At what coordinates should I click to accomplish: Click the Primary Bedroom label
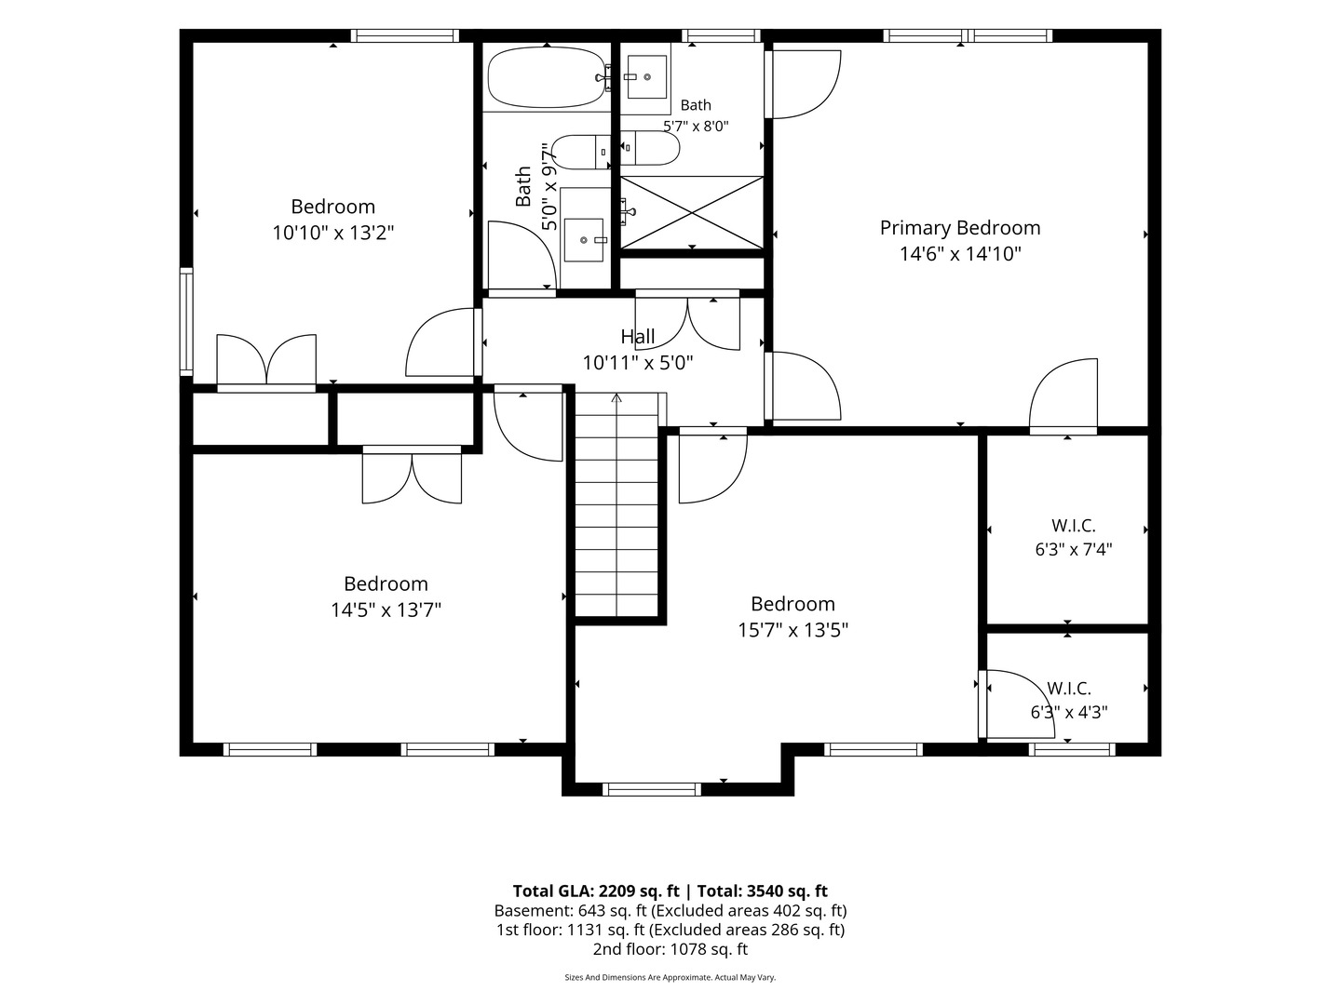click(x=960, y=228)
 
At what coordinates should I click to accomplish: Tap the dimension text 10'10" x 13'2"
click(x=333, y=233)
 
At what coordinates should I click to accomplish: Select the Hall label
click(x=638, y=336)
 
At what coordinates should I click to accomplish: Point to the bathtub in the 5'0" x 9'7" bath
click(x=547, y=77)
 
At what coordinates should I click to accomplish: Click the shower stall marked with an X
click(x=692, y=212)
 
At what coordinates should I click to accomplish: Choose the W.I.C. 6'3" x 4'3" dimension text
click(x=1069, y=712)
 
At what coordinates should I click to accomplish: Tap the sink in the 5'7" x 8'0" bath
click(x=647, y=77)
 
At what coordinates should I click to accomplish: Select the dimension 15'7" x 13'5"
click(x=793, y=630)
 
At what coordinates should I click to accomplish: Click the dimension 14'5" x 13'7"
click(x=386, y=610)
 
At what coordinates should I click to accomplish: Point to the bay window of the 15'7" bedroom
click(x=652, y=790)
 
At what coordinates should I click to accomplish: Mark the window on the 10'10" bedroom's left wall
click(x=185, y=321)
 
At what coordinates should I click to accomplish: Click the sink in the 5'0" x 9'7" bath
click(x=584, y=240)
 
